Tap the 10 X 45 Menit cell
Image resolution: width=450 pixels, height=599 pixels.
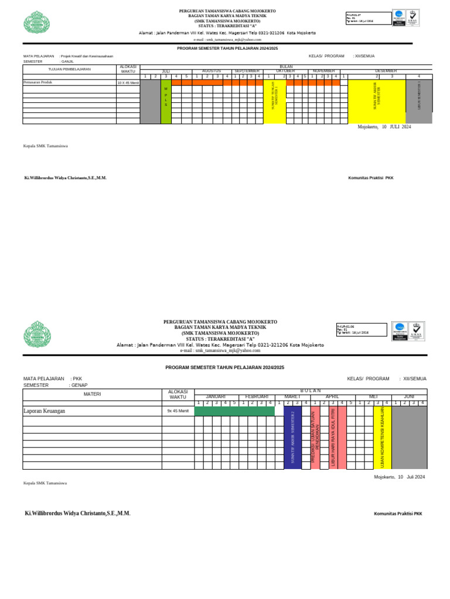(128, 83)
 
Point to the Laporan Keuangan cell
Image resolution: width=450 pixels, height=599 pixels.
(44, 411)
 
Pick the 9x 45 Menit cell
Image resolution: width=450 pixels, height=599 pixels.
(178, 411)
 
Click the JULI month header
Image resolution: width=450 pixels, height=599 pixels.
(166, 71)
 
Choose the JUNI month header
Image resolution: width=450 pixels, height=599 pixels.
(409, 396)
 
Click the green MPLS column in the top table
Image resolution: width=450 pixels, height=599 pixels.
(166, 101)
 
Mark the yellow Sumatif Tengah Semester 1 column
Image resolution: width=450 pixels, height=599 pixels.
(274, 101)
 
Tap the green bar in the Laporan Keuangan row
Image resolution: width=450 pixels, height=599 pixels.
(234, 411)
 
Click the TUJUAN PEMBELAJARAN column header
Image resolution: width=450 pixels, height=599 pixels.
(69, 69)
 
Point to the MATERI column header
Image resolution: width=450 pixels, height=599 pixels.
(92, 394)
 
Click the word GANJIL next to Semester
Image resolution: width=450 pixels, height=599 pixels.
(67, 61)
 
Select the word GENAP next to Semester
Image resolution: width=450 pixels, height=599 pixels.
(79, 385)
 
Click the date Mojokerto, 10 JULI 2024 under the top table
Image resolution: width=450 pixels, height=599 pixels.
(384, 126)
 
